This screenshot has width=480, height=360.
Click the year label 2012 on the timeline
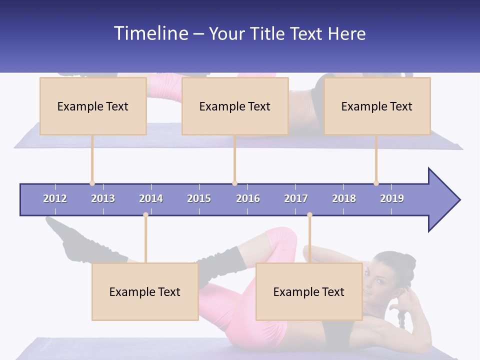[x=55, y=198]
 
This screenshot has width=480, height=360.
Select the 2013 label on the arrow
[x=103, y=198]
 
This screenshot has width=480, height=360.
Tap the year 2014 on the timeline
[x=151, y=198]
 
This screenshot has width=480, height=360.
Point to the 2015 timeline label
[x=199, y=198]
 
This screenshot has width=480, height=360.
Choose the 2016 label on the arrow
[x=248, y=198]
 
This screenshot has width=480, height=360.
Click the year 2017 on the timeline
[x=296, y=198]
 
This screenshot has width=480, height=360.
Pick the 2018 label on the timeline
[x=344, y=198]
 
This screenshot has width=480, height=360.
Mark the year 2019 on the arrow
[x=392, y=198]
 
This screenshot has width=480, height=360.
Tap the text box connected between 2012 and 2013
[x=93, y=106]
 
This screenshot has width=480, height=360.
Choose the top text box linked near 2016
[x=235, y=106]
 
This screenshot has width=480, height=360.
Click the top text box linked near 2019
[x=377, y=106]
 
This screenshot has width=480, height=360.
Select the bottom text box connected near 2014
[x=145, y=291]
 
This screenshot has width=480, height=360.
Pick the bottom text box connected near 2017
[x=309, y=291]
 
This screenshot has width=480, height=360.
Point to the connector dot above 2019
[x=376, y=183]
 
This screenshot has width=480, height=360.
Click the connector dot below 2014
[x=145, y=215]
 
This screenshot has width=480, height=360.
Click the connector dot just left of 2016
[x=234, y=183]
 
